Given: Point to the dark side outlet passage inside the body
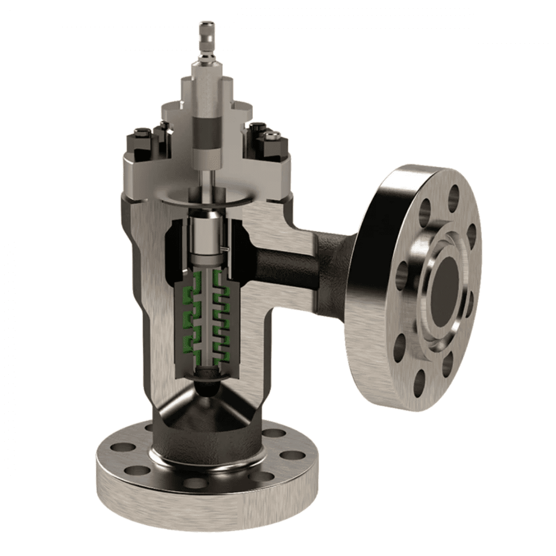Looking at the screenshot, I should (278, 268).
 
